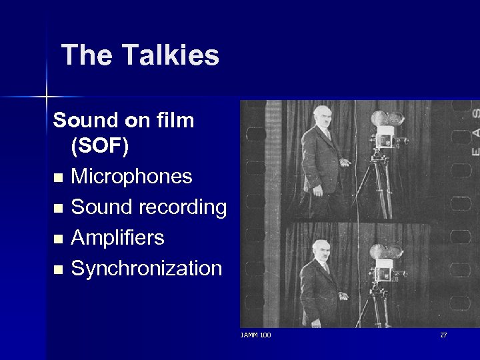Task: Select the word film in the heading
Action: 175,121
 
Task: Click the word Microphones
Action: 131,177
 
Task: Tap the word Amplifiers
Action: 117,238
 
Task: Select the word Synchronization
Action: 146,269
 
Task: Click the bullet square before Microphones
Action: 59,178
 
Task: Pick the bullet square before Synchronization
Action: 59,270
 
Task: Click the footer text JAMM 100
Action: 255,335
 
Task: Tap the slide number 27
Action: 443,335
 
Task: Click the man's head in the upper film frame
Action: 323,115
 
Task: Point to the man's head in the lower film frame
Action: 321,249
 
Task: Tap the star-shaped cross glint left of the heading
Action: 47,97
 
